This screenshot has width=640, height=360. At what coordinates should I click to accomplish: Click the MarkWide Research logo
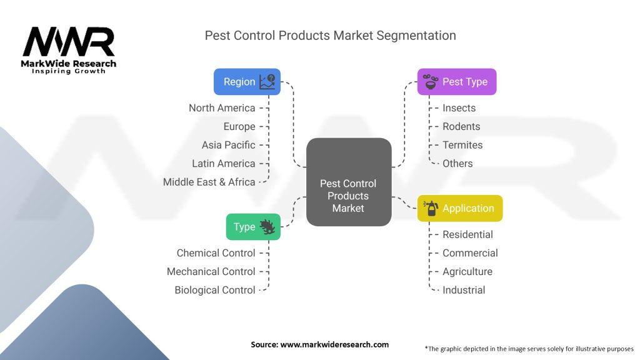click(69, 50)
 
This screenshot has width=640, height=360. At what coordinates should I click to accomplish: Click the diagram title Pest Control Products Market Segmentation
click(330, 36)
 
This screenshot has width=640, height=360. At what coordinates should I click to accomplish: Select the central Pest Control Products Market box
click(348, 182)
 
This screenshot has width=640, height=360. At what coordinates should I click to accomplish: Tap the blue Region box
click(247, 82)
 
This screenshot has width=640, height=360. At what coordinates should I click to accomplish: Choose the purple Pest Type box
click(456, 82)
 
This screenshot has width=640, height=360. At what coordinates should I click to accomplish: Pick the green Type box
click(252, 227)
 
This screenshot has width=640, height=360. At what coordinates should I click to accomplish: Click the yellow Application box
click(459, 209)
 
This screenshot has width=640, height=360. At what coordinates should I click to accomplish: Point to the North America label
click(222, 108)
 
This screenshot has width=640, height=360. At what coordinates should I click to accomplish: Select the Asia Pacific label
click(228, 145)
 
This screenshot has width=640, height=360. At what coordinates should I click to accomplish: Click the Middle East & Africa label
click(209, 182)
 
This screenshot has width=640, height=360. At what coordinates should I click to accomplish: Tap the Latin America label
click(224, 164)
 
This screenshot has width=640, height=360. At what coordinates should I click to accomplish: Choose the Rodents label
click(461, 126)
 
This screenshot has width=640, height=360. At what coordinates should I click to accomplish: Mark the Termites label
click(462, 145)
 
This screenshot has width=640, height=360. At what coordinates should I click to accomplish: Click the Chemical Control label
click(216, 253)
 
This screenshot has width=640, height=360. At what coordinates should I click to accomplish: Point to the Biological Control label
click(215, 290)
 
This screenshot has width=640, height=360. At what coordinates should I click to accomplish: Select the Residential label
click(467, 234)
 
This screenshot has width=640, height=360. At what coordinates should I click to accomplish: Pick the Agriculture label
click(467, 271)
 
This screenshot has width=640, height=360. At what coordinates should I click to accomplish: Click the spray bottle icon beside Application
click(431, 209)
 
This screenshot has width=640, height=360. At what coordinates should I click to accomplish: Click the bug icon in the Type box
click(267, 227)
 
